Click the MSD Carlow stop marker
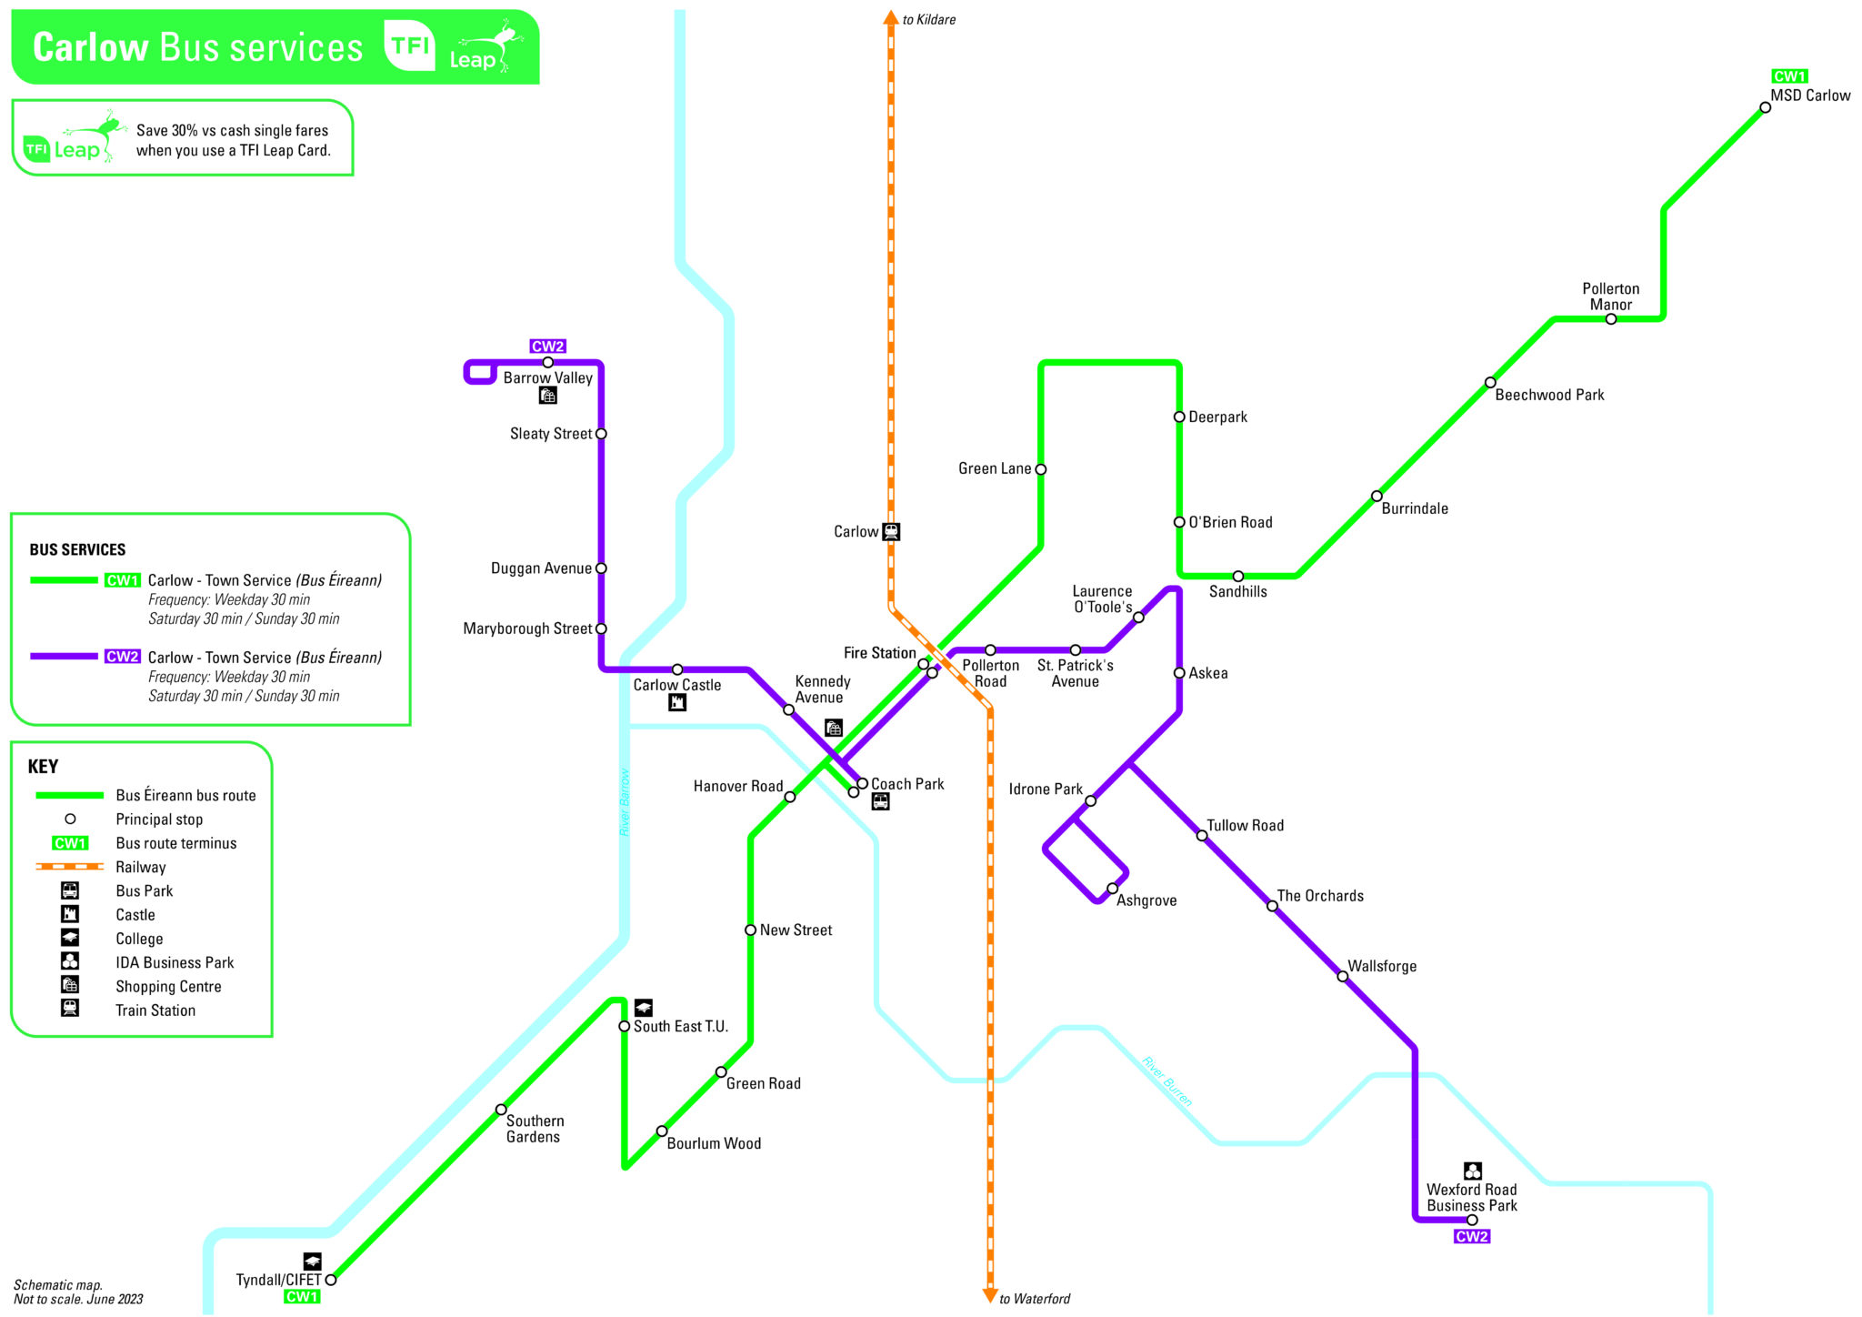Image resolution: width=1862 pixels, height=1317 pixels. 1765,107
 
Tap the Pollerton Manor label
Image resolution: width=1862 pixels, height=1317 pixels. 1610,297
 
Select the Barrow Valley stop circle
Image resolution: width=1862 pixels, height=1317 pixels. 547,362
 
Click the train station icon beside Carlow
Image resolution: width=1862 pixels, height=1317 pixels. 891,531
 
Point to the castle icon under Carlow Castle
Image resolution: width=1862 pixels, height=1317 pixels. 677,702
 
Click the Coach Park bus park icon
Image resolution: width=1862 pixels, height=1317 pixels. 880,801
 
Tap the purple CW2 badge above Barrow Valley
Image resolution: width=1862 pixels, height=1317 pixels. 547,346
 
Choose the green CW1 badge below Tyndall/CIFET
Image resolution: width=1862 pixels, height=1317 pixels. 302,1296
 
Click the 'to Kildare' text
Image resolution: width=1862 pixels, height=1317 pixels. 928,19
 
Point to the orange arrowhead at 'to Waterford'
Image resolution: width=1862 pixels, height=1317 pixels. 990,1294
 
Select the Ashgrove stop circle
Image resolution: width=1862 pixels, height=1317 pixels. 1112,889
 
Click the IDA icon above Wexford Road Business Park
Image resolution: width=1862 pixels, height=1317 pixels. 1472,1171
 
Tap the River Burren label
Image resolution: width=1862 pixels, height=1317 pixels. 1166,1081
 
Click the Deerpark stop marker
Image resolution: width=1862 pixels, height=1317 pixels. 1179,417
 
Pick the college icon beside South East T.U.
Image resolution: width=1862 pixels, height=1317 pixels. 644,1007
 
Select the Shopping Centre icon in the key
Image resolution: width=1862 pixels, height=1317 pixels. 70,985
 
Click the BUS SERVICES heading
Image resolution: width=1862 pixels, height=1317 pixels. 77,549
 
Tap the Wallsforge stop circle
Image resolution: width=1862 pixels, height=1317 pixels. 1342,976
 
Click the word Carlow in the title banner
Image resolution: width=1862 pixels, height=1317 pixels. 90,47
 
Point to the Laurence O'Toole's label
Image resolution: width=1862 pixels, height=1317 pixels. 1102,599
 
